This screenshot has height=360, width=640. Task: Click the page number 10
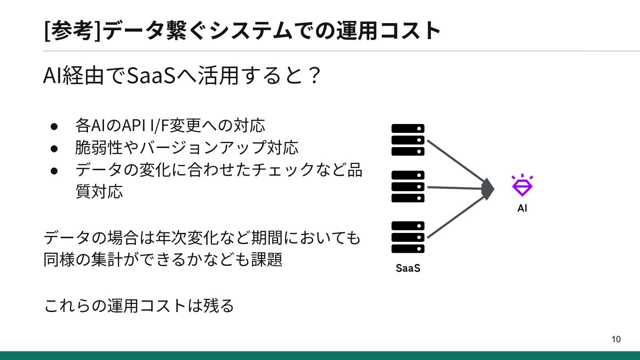click(x=616, y=340)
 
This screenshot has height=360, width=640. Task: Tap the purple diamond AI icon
click(x=522, y=185)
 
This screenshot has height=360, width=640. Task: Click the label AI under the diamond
click(x=522, y=208)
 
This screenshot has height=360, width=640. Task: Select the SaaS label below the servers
click(x=408, y=268)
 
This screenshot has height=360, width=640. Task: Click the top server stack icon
click(x=408, y=140)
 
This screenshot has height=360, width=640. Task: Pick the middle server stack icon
click(x=408, y=187)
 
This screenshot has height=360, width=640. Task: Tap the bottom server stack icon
click(x=408, y=237)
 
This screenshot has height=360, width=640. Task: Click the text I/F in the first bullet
click(x=159, y=126)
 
